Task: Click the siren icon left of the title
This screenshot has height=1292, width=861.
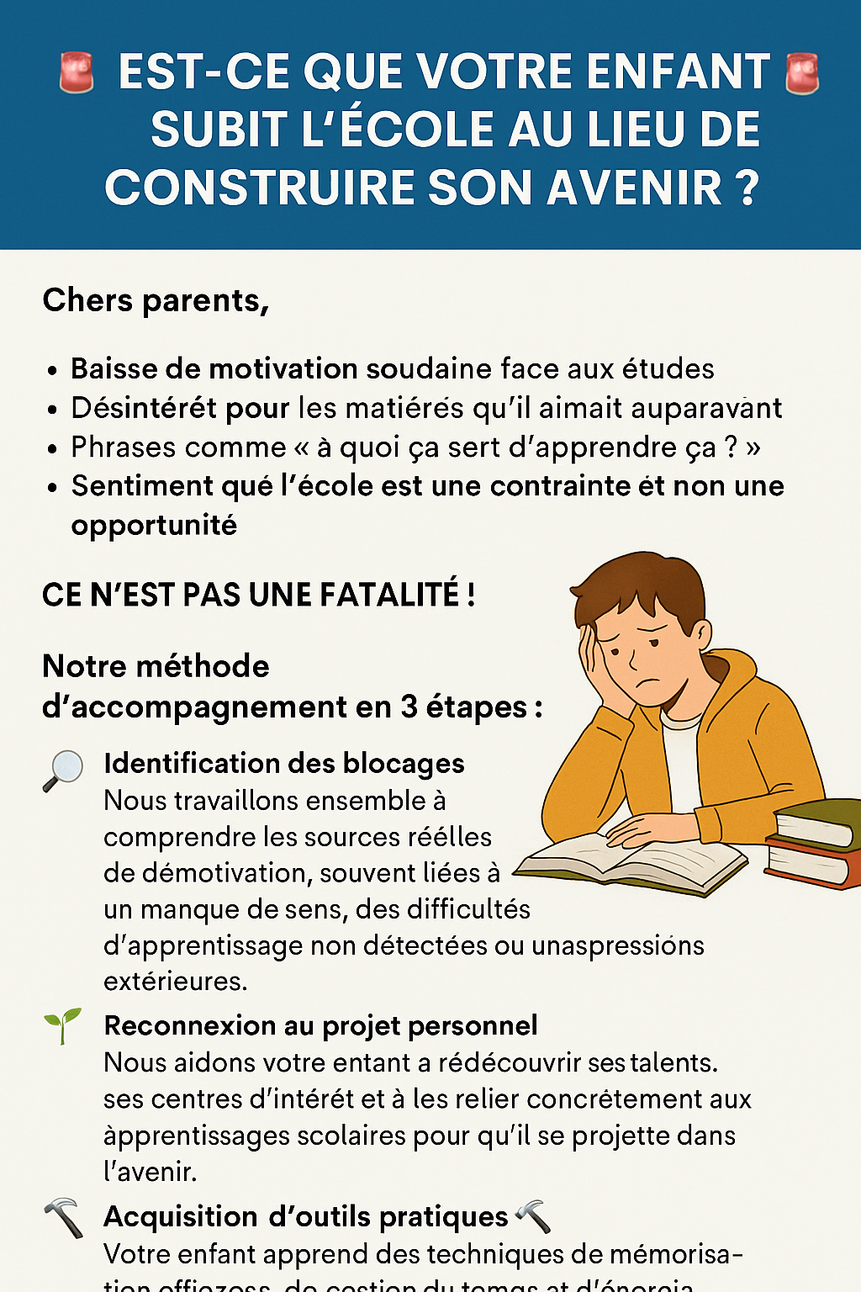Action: pos(77,72)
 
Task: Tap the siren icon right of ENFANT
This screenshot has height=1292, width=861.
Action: pos(801,73)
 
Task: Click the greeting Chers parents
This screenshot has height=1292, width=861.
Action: pos(156,300)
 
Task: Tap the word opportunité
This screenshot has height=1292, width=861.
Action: pos(154,525)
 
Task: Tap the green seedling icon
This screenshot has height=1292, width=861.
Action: pos(63,1025)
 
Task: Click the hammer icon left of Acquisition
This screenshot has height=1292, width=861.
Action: pos(63,1217)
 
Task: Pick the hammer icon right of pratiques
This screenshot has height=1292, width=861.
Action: pos(532,1216)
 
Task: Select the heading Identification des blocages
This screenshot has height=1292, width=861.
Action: pos(284,763)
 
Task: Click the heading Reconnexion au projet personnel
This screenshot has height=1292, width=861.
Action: pos(320,1025)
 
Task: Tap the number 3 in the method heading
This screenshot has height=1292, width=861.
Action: pos(409,707)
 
